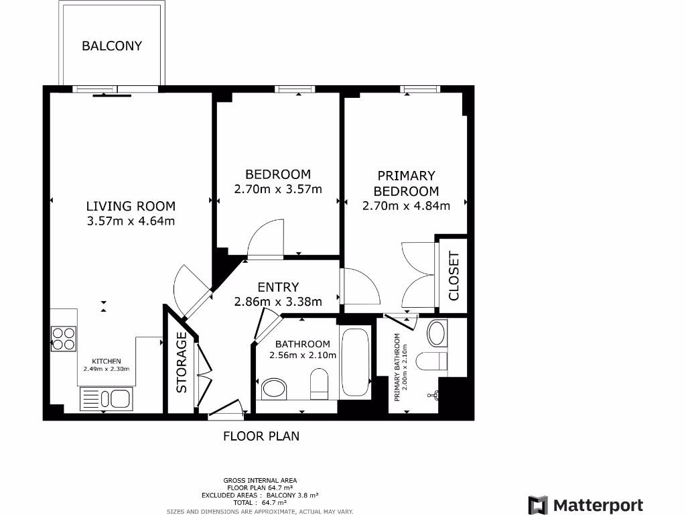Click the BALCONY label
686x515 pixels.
coord(112,46)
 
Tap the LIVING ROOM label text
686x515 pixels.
coord(131,206)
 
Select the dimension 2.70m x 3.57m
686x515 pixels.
coord(278,189)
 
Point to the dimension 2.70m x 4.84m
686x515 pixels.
coord(406,206)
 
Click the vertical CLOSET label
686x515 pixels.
coord(454,276)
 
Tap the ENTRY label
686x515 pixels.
coord(278,287)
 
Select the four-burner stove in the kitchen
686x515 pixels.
coord(64,338)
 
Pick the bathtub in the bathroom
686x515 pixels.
coord(355,363)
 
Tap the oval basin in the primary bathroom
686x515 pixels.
coord(437,332)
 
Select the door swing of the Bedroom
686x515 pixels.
coord(266,240)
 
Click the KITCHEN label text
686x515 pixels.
coord(106,361)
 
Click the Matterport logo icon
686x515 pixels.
coord(538,506)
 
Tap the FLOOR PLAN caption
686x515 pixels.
coord(261,436)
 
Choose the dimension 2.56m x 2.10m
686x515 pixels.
coord(302,355)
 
